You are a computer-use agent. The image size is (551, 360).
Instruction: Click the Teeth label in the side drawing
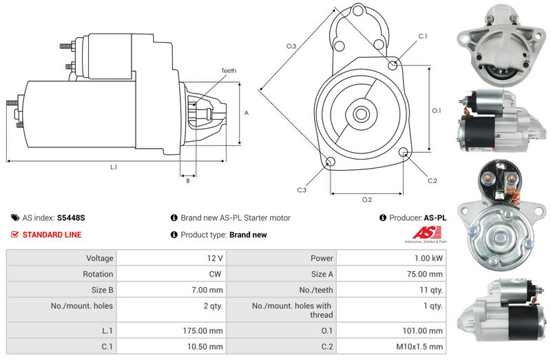point(229,71)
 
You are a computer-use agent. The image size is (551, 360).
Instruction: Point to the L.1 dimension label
point(113,167)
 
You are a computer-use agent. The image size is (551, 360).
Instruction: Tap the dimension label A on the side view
point(246,113)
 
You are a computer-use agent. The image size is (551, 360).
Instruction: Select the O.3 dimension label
point(291,47)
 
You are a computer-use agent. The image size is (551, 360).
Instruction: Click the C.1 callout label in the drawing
point(423,36)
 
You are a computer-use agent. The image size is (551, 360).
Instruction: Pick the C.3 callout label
point(302,190)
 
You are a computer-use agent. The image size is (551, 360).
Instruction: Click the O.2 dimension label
point(366,200)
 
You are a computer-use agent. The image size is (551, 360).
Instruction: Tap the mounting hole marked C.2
point(404,152)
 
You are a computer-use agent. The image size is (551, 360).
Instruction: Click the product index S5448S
point(71,218)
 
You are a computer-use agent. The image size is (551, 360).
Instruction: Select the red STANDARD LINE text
point(52,235)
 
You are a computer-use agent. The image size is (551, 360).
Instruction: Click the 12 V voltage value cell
point(215,258)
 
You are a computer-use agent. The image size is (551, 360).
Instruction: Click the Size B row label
point(99,290)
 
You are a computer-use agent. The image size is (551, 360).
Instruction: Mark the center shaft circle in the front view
point(361,112)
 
